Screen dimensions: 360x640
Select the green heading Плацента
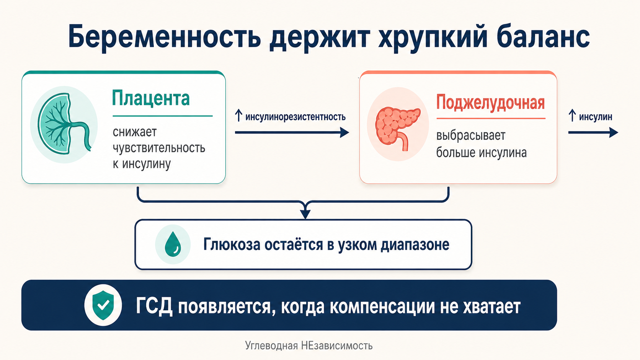coord(151,98)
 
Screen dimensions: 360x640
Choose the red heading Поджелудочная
coord(490,103)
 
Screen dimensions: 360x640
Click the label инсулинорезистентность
coord(295,117)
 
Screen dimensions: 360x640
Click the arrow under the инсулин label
coord(593,133)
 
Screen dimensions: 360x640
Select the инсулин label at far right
coord(595,117)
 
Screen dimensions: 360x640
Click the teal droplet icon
coord(173,244)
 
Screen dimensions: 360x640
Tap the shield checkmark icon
coord(103,305)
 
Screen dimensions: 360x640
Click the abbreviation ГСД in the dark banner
coord(154,307)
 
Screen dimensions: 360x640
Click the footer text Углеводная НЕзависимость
coord(309,346)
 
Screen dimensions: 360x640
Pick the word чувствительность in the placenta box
coord(159,148)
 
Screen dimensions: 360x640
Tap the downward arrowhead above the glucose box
coord(305,213)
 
